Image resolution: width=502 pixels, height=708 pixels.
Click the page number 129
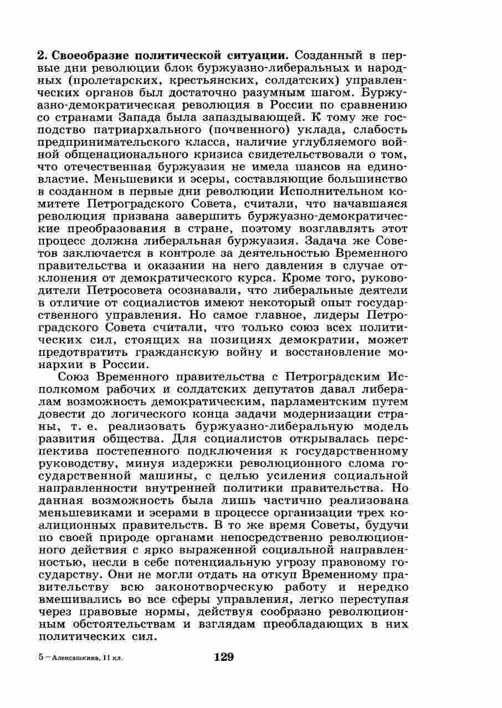point(223,658)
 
